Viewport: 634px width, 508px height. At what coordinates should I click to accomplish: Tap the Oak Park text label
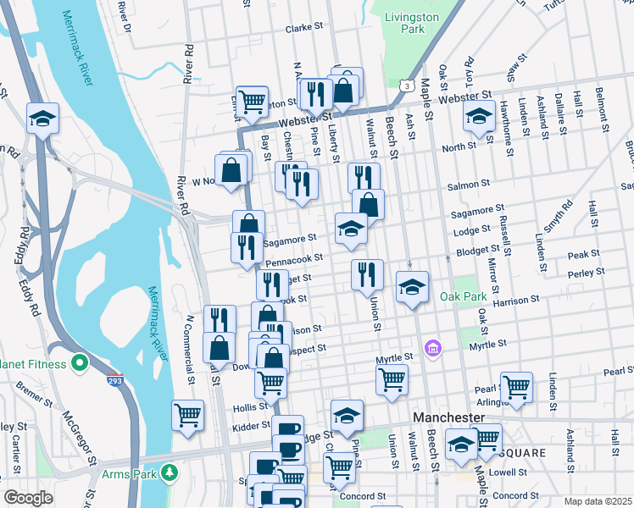(464, 297)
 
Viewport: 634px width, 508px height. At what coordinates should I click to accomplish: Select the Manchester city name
(448, 418)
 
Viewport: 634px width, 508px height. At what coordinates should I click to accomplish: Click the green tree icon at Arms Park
(170, 471)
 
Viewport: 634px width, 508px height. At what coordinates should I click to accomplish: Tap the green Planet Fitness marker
(80, 364)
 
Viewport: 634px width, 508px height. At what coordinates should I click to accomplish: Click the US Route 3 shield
(409, 86)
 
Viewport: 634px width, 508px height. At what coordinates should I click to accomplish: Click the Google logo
(28, 497)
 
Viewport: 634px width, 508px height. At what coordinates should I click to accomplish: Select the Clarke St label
(305, 28)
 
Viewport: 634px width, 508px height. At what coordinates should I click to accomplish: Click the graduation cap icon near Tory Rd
(479, 116)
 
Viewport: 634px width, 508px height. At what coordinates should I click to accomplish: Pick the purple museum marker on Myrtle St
(433, 348)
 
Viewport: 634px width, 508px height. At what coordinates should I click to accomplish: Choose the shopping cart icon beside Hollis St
(187, 415)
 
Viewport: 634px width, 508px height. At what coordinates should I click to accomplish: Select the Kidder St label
(251, 425)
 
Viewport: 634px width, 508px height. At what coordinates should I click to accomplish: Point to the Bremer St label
(34, 395)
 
